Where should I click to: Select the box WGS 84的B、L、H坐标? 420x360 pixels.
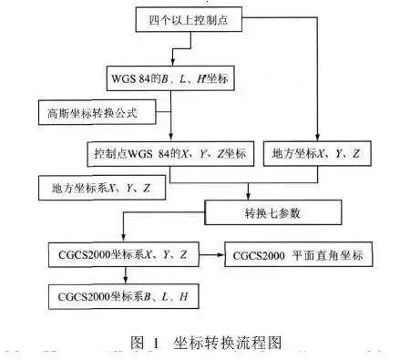(169, 80)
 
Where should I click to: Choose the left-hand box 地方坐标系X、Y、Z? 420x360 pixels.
(95, 188)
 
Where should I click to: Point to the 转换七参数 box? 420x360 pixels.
(273, 214)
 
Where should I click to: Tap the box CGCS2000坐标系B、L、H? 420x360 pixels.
(124, 296)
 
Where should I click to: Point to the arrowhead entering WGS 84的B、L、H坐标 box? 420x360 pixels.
(169, 66)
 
